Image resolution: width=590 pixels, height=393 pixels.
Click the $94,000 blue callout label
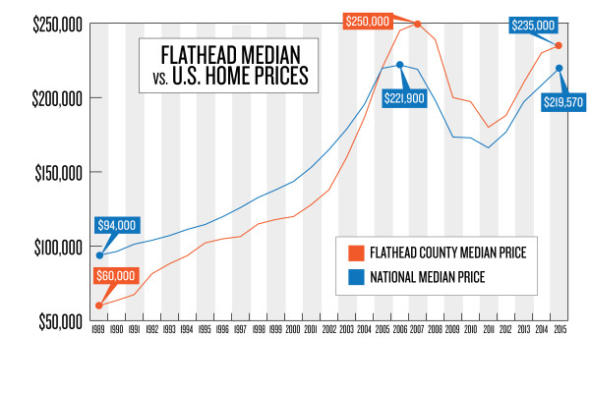click(x=115, y=225)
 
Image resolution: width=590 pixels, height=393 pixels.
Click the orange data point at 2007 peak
click(x=418, y=24)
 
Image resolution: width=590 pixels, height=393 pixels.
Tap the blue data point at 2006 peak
click(x=399, y=65)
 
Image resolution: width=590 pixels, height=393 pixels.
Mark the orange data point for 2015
click(x=559, y=45)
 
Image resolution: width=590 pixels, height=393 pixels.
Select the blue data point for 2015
click(x=559, y=68)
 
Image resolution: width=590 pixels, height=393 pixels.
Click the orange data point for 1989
click(x=98, y=306)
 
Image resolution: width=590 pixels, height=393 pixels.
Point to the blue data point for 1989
click(x=98, y=255)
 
